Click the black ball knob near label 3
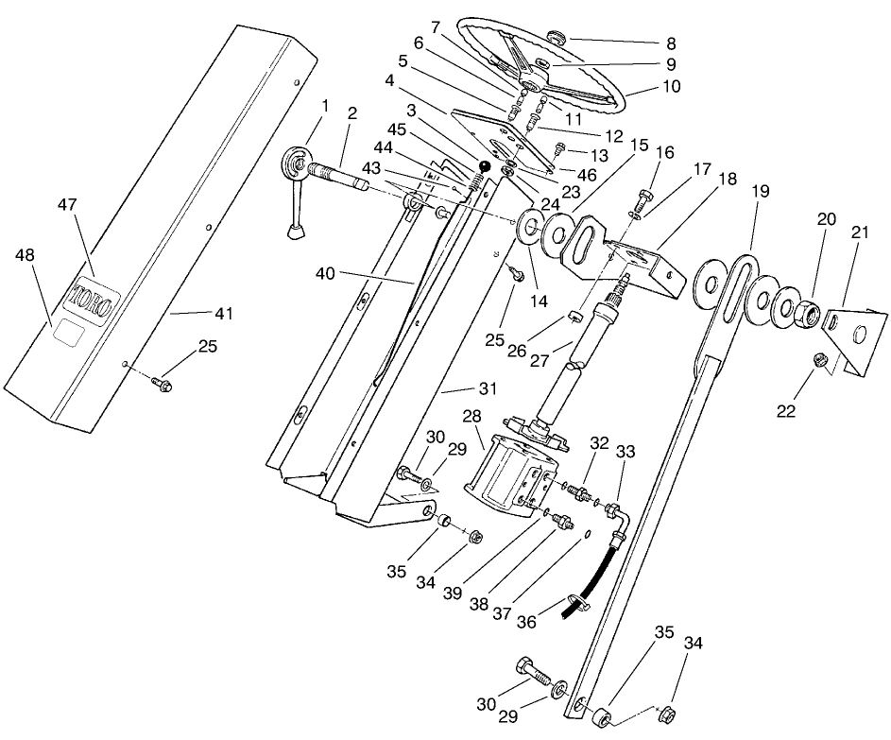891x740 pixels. (483, 167)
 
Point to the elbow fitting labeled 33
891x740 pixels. (613, 513)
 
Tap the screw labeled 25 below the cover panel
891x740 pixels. (163, 386)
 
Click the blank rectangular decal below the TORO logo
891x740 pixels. (68, 330)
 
